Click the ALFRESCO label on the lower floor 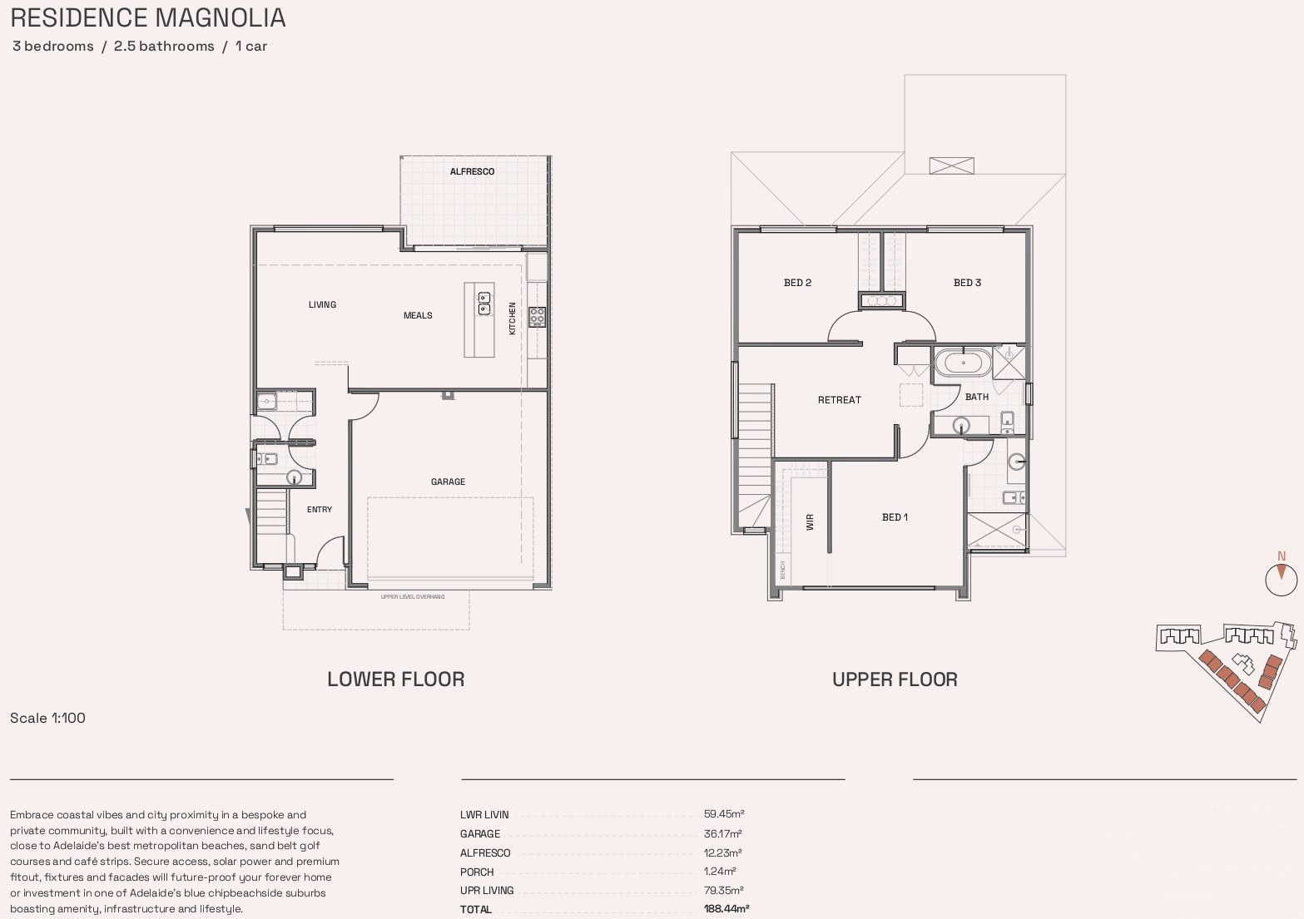(x=472, y=172)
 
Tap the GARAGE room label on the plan (x=448, y=482)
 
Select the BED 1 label (x=895, y=517)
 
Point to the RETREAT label (x=839, y=400)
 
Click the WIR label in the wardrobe (x=810, y=521)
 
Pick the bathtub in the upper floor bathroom (x=963, y=363)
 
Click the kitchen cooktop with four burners (x=537, y=316)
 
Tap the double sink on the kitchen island (x=484, y=304)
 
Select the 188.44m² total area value (x=726, y=909)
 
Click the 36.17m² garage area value (x=722, y=833)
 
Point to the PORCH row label (x=477, y=872)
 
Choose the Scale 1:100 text (x=47, y=719)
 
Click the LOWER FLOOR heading (x=395, y=679)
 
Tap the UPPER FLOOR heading (x=895, y=679)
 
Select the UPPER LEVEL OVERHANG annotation (x=413, y=597)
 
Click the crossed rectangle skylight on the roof (x=951, y=166)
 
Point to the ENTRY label (x=320, y=510)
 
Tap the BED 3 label (x=967, y=283)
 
